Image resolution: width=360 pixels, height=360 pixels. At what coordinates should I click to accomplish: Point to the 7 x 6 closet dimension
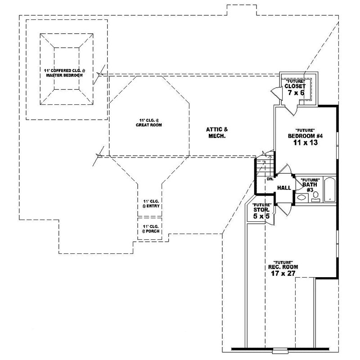(295, 93)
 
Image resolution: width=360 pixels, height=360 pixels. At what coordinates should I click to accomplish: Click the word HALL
(283, 188)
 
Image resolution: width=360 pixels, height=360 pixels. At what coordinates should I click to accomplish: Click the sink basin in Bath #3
(301, 197)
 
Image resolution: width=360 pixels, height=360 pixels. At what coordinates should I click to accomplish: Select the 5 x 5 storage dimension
(261, 216)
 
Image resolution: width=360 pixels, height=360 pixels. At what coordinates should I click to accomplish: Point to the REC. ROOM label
(283, 266)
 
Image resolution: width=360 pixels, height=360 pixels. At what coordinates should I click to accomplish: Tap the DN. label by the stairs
(270, 179)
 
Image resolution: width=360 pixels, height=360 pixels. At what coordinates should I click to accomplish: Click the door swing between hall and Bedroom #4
(285, 171)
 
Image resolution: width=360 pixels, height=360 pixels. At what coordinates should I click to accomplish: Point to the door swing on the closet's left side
(275, 94)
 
